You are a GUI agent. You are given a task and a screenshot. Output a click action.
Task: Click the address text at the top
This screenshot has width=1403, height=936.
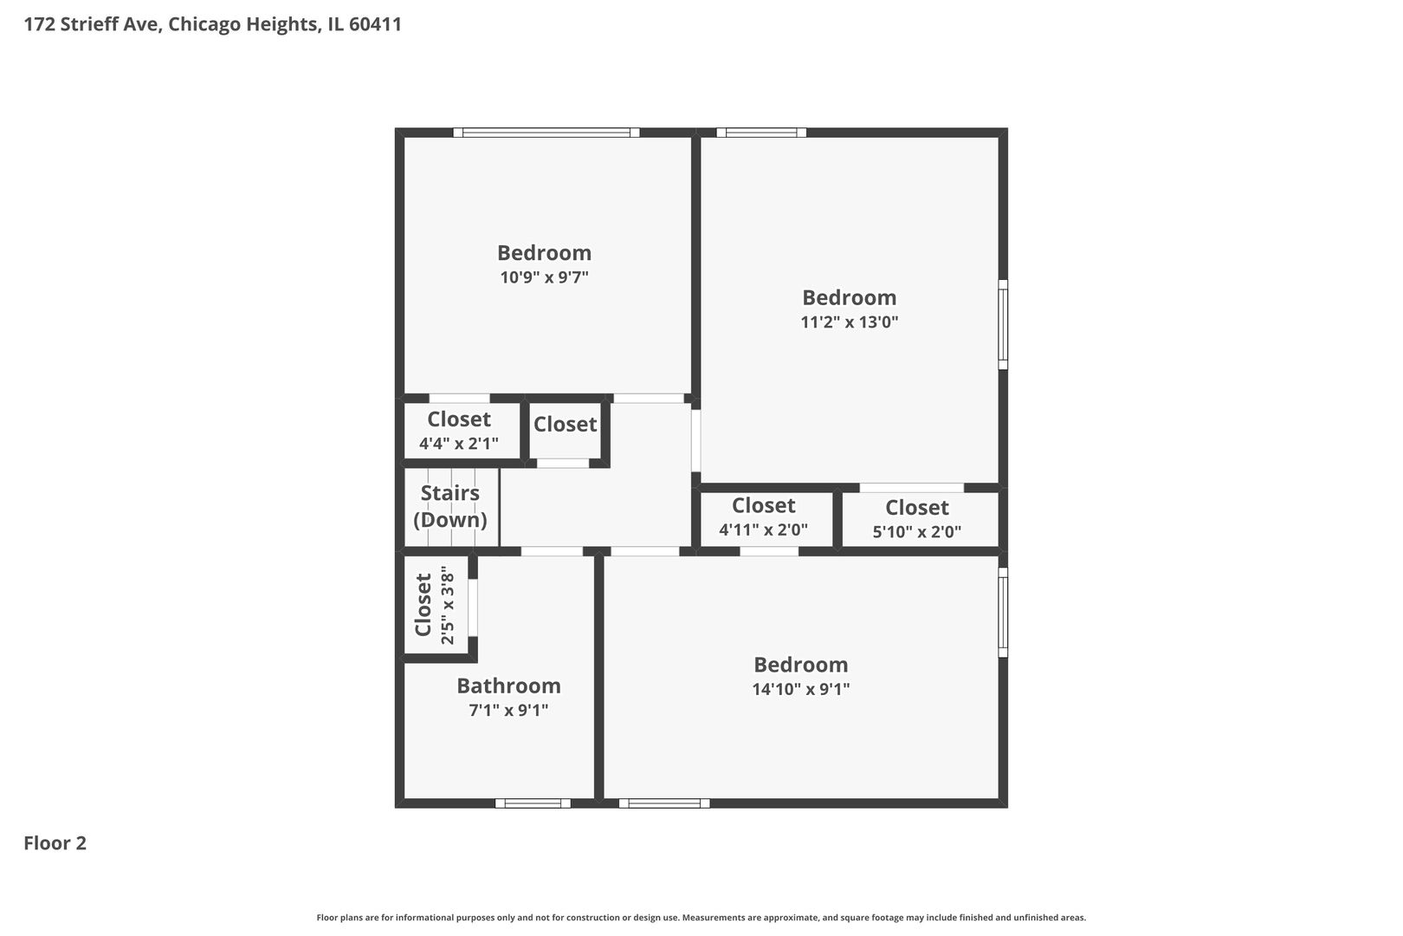click(212, 24)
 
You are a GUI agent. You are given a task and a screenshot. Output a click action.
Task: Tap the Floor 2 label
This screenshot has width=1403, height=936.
click(55, 843)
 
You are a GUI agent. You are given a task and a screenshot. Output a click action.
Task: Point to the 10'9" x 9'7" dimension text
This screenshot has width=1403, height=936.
click(544, 277)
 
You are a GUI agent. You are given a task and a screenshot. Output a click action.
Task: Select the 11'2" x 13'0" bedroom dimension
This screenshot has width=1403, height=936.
click(849, 322)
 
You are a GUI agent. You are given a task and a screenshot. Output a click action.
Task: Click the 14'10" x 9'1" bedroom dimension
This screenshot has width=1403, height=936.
click(800, 690)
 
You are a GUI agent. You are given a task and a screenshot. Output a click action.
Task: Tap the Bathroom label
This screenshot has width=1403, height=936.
click(508, 686)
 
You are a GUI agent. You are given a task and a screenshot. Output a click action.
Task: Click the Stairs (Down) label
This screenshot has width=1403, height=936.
click(449, 506)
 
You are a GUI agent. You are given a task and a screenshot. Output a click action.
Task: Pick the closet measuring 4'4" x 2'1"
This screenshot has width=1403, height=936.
click(459, 431)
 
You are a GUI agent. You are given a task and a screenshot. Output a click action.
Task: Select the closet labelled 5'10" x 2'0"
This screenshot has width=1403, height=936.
click(916, 518)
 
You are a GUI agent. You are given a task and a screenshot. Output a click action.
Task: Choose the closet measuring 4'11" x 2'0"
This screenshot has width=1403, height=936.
click(763, 517)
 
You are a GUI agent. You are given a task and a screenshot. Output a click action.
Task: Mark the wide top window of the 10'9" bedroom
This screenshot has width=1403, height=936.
click(546, 133)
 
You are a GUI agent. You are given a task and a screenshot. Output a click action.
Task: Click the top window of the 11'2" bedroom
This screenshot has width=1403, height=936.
click(761, 133)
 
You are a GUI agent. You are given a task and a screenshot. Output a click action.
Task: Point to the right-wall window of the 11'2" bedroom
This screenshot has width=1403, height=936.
click(1003, 324)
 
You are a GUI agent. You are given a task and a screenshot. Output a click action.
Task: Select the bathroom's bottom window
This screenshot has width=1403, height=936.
click(533, 803)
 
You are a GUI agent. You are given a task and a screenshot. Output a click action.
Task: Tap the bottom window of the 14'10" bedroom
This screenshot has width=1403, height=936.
click(664, 803)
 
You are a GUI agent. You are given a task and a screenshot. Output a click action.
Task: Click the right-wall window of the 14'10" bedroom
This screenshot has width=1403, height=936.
click(1003, 613)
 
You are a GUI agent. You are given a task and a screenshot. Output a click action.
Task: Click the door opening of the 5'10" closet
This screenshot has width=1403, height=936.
click(911, 488)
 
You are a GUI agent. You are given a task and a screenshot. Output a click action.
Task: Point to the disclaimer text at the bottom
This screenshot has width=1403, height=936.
click(701, 917)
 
